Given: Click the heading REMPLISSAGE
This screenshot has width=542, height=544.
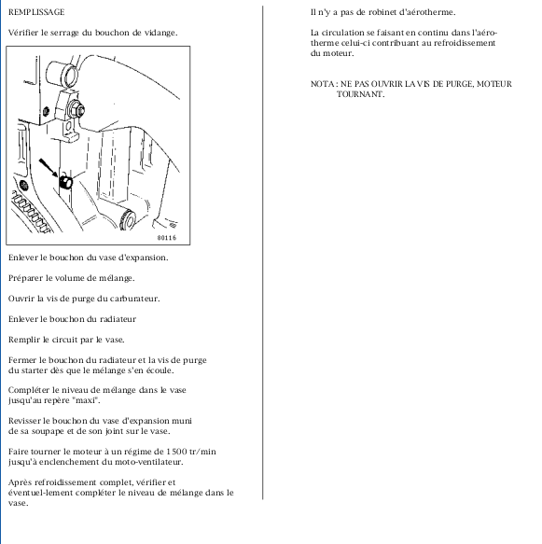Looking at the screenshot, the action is (x=36, y=12).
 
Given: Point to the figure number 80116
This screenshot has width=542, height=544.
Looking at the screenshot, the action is (x=167, y=238).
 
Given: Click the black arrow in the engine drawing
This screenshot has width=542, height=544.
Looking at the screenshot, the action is (x=49, y=168).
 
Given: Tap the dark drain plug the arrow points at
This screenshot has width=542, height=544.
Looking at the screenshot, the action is (x=65, y=182).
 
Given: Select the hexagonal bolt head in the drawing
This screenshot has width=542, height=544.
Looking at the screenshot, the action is (x=77, y=109).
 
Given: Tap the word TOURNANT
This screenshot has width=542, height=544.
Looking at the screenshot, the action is (x=361, y=94).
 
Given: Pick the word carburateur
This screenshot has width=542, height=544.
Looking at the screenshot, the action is (x=135, y=299).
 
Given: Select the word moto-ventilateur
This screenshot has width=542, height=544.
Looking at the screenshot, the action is (x=148, y=462).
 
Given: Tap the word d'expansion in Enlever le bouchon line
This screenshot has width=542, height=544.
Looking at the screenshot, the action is (x=144, y=258).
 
